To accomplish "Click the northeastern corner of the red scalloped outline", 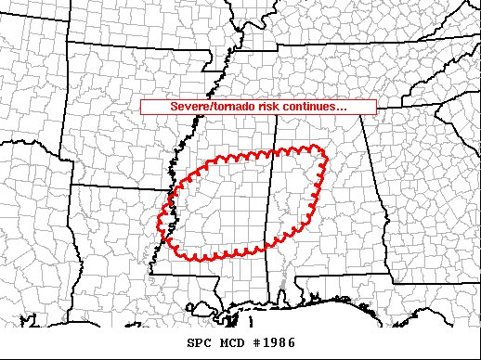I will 321,148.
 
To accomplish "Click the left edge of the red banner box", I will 141,107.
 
